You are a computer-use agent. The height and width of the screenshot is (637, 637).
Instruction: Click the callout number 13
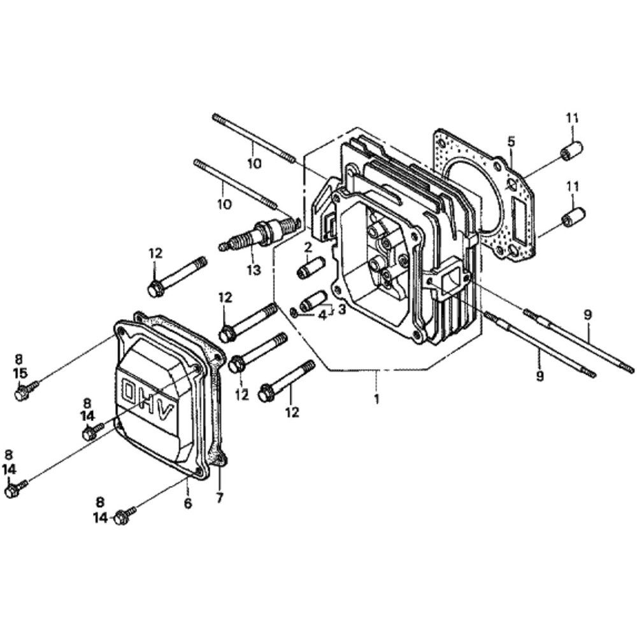point(254,269)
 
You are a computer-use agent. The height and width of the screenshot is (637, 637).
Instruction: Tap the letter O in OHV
point(131,392)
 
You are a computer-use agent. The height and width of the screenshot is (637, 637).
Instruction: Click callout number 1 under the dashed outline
point(377,399)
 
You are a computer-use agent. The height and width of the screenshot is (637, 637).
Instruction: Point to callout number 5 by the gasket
point(511,142)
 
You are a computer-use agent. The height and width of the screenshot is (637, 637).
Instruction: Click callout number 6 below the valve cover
point(188,503)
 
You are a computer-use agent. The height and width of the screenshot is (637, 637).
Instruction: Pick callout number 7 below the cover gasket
point(220,498)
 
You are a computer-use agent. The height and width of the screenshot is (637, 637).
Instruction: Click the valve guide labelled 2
point(311,268)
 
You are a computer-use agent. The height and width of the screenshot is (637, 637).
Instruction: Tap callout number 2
point(308,246)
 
